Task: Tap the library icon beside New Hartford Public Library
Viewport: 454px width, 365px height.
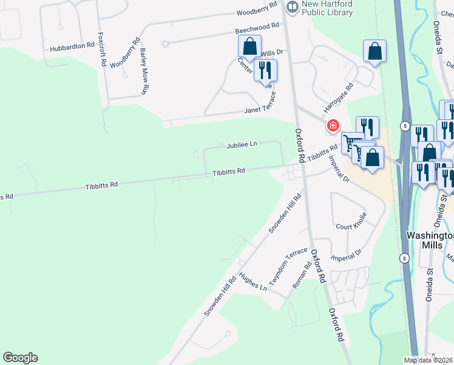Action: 293,6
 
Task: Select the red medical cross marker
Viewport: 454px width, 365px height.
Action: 333,126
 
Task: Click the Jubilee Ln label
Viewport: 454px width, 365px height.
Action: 242,145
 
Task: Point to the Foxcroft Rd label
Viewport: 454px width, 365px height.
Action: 103,49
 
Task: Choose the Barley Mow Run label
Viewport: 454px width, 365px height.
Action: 144,71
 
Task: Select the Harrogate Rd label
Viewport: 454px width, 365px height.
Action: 338,97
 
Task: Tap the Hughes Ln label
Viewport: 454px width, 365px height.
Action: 253,282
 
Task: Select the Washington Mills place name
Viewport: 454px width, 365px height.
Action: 430,240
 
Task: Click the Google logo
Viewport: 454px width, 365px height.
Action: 20,358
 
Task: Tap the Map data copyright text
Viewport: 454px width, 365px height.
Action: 429,360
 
